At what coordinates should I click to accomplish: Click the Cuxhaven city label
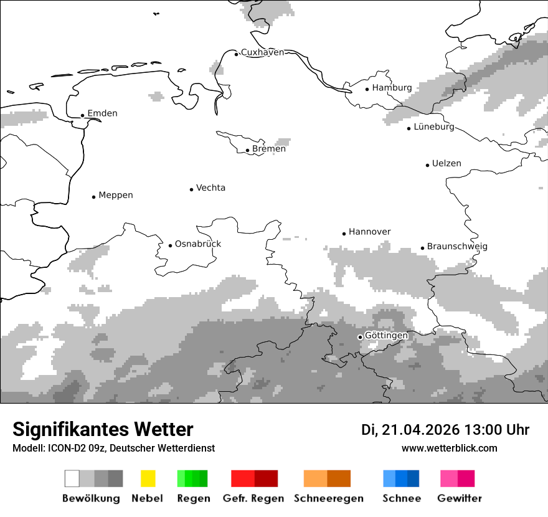[x=262, y=52]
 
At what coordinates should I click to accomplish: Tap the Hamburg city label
[x=392, y=88]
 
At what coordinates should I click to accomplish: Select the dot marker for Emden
[x=82, y=115]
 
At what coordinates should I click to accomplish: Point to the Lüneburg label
[x=434, y=127]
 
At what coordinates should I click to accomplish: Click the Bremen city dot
[x=247, y=150]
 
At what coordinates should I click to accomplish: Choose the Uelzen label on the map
[x=446, y=164]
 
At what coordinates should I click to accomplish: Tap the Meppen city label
[x=116, y=196]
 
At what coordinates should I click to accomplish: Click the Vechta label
[x=210, y=188]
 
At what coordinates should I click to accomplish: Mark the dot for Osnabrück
[x=170, y=245]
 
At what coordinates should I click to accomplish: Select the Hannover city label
[x=369, y=232]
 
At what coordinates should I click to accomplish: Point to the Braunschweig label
[x=457, y=247]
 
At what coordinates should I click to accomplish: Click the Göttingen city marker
[x=360, y=337]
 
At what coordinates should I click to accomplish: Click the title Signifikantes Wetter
[x=103, y=430]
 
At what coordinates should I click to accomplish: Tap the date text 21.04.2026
[x=420, y=430]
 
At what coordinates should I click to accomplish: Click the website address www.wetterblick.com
[x=449, y=448]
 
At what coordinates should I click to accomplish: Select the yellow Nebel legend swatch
[x=148, y=478]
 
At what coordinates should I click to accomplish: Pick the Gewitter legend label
[x=460, y=498]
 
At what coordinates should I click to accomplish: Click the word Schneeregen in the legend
[x=329, y=498]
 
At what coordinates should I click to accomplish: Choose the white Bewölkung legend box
[x=72, y=478]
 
